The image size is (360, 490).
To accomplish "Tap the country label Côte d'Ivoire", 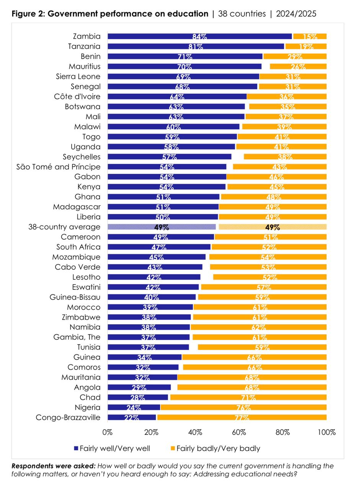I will click(77, 96).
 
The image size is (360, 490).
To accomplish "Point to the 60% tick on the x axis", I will click(239, 432).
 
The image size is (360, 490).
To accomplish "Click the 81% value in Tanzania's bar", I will click(195, 47).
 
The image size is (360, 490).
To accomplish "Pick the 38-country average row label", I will click(64, 227).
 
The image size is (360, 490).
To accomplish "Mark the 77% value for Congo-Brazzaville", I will click(242, 418).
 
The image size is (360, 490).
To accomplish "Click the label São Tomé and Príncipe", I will click(59, 167).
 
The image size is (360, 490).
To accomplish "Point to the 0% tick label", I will click(108, 432).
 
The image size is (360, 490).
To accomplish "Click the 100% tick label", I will click(327, 432).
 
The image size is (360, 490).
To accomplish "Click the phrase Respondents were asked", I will click(54, 466).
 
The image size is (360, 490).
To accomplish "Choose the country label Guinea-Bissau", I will click(75, 297).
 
